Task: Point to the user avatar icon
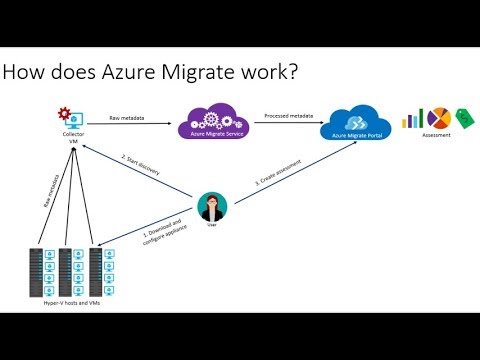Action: pyautogui.click(x=210, y=206)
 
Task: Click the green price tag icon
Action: pyautogui.click(x=464, y=117)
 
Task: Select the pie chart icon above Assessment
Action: pyautogui.click(x=438, y=118)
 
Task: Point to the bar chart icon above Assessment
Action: pyautogui.click(x=412, y=119)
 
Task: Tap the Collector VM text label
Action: pyautogui.click(x=71, y=137)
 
